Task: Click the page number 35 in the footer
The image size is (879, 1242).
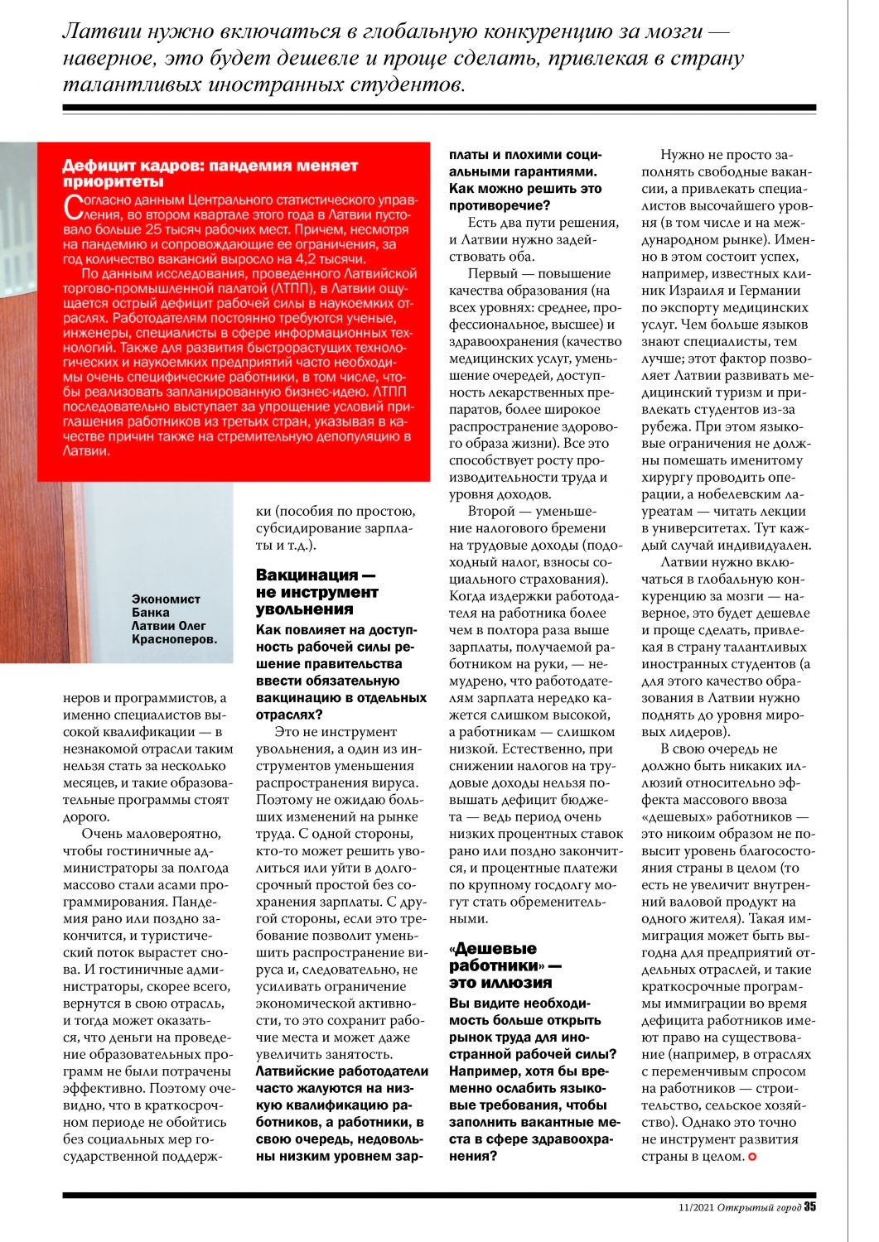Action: tap(809, 1206)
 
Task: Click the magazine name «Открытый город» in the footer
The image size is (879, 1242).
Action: tap(759, 1207)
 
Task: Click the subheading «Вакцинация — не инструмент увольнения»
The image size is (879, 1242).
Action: tap(316, 591)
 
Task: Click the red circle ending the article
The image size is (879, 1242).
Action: tap(752, 1156)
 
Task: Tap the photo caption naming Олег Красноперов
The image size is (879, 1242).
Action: tap(174, 619)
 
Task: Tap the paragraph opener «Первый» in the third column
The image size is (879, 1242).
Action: tap(492, 273)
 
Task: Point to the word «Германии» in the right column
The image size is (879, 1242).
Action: tap(771, 291)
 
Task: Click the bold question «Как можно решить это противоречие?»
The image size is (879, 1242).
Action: tap(525, 197)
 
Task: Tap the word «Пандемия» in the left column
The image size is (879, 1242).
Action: tap(200, 902)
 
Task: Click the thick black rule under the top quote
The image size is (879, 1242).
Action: tap(439, 108)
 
